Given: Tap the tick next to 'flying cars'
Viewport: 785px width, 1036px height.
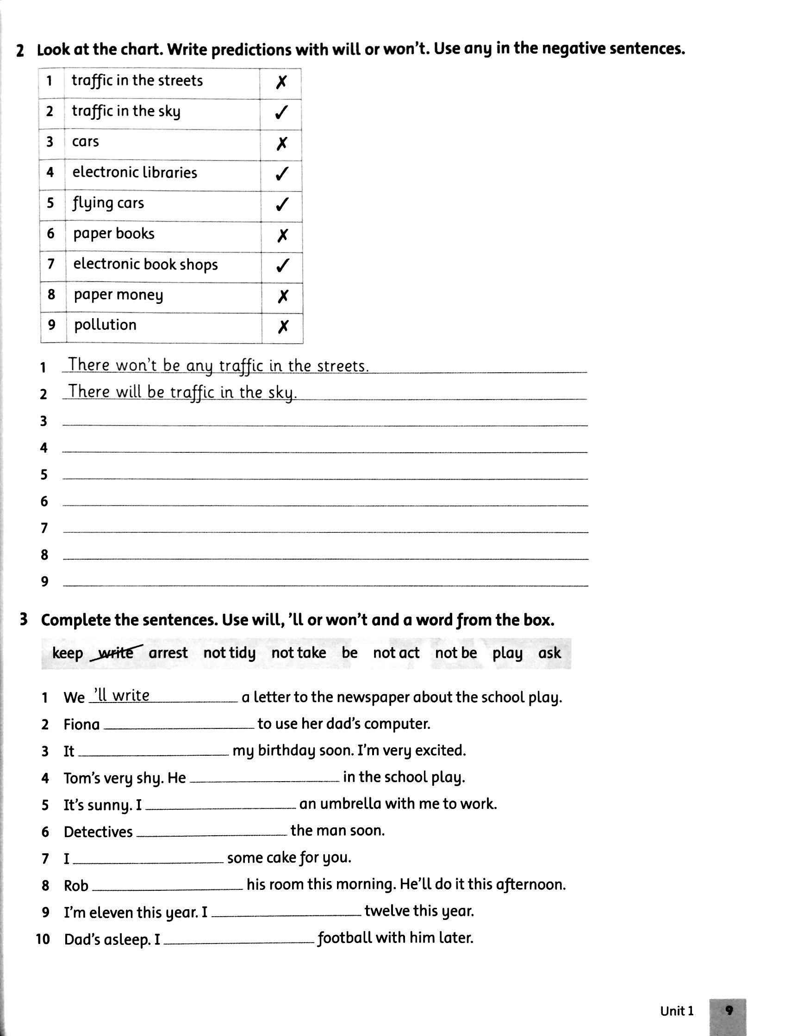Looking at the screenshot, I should (x=281, y=205).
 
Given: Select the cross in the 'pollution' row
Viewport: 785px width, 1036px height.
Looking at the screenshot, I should (x=283, y=327).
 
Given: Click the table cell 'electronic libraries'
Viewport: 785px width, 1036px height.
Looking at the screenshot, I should (x=135, y=173).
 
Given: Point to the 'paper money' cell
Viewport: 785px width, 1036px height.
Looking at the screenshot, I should (x=118, y=295).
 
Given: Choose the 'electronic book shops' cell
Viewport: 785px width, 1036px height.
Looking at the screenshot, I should (x=145, y=265).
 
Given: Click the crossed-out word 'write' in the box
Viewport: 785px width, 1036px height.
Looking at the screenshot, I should (x=116, y=653).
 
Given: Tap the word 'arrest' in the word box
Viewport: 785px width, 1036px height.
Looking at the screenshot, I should (x=168, y=653).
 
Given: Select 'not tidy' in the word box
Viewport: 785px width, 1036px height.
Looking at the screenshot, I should (x=229, y=653).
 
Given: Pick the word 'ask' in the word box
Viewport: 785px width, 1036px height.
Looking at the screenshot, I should (x=549, y=653).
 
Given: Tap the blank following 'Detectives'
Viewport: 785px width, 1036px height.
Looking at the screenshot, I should (x=212, y=832).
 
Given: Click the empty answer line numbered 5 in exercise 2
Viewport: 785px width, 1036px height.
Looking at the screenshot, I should (x=325, y=475).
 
